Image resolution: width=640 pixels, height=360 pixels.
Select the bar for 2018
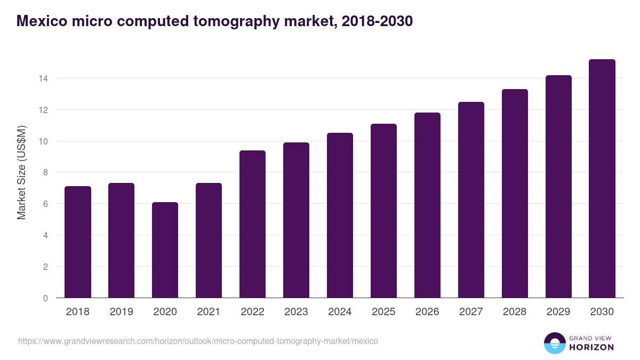point(78,242)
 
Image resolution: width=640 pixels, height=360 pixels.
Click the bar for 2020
point(165,250)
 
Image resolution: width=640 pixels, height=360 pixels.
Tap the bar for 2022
point(253,224)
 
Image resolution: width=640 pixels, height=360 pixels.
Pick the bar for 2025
point(384,211)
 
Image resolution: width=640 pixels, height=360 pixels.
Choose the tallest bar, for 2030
point(602,179)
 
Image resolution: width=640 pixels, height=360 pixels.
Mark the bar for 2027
point(471,200)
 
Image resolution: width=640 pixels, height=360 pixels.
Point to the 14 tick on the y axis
point(43,78)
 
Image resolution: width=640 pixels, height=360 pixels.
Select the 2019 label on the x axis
point(122,312)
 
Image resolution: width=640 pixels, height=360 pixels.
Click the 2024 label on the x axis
point(340,312)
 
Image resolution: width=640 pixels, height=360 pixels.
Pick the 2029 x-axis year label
point(558,312)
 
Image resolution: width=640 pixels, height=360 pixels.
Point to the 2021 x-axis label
point(209,312)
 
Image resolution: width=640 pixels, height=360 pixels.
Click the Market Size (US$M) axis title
point(21,172)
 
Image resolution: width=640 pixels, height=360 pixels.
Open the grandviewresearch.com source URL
point(198,341)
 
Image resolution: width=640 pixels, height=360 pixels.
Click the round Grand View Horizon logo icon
point(554,343)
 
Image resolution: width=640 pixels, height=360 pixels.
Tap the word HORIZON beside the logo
point(591,347)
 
